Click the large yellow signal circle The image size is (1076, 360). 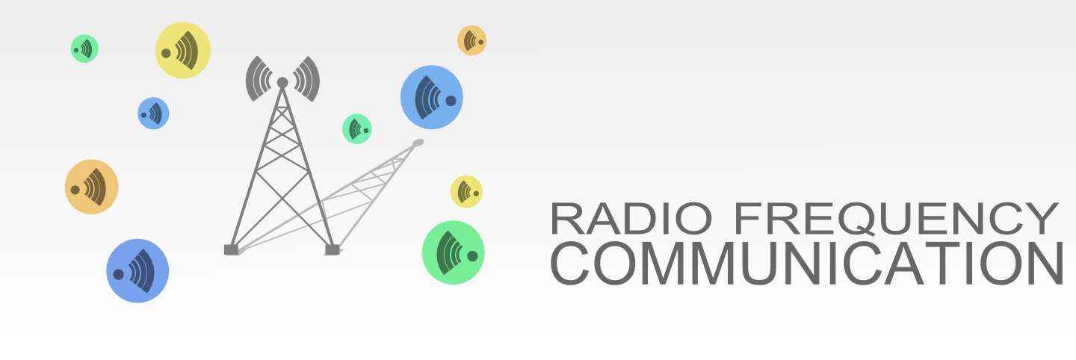[x=183, y=50]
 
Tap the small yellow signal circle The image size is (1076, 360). [x=466, y=192]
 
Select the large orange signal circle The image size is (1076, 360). [x=91, y=187]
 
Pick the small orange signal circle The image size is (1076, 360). [x=471, y=40]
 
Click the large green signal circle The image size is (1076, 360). [x=454, y=252]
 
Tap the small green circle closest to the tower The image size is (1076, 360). [x=357, y=128]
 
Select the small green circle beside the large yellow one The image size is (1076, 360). [x=84, y=49]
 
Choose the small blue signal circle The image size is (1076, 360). [x=153, y=114]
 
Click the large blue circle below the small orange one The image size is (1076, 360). [x=431, y=97]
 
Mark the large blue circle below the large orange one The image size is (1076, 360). [x=137, y=271]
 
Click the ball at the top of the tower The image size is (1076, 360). [x=282, y=82]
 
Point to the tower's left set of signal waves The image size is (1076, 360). [x=259, y=78]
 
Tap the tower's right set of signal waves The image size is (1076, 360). [x=307, y=78]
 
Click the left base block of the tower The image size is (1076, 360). [x=231, y=249]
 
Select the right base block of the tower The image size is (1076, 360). [x=333, y=249]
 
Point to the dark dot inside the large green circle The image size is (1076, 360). [x=472, y=256]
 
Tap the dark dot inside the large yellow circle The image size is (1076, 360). [x=166, y=53]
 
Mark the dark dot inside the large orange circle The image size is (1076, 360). [x=75, y=190]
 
